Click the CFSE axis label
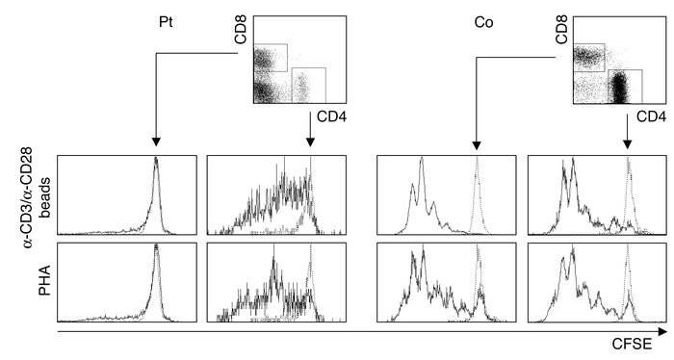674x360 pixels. pos(633,344)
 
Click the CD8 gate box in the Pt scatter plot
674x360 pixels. pos(270,58)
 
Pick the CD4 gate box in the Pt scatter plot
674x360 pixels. pos(308,85)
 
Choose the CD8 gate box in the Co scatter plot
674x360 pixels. pos(588,57)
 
